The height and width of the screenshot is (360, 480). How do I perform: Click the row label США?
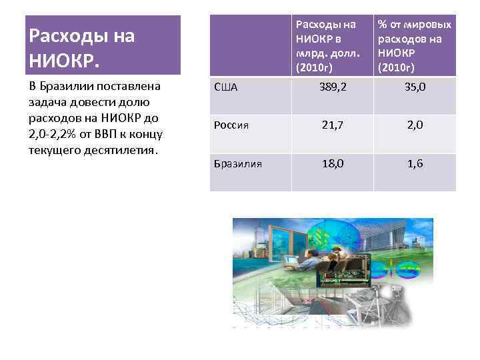[225, 87]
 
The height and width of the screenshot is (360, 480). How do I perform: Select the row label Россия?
[231, 125]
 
